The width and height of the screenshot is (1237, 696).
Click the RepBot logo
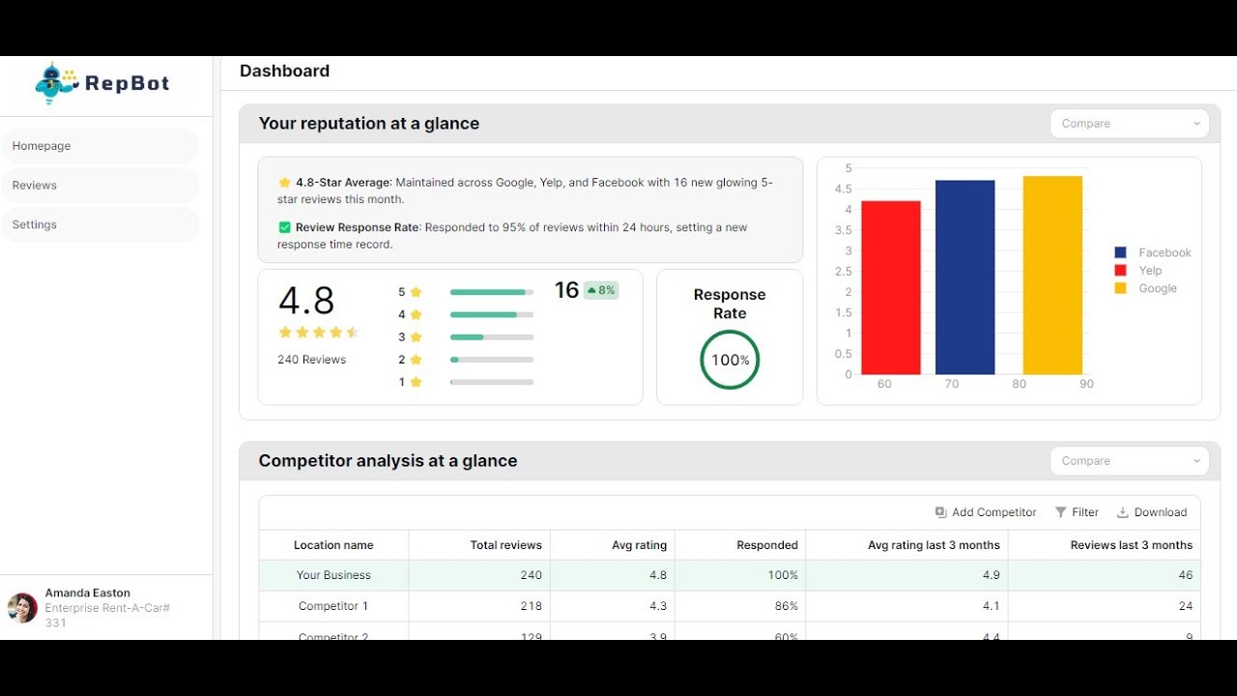tap(102, 83)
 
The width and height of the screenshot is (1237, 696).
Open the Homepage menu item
tap(101, 146)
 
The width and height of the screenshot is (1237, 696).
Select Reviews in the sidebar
tap(101, 186)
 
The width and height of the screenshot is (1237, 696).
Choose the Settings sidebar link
tap(101, 224)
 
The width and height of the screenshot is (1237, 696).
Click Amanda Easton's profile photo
tap(22, 608)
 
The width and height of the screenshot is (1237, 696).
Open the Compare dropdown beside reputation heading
tap(1129, 124)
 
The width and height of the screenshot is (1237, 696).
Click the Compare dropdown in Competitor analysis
tap(1129, 461)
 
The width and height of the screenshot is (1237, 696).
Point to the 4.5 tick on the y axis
tap(843, 189)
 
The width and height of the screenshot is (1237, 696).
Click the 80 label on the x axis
tap(1020, 385)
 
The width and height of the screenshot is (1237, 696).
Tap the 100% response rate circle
tap(730, 360)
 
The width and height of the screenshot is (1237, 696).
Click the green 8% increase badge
tap(601, 290)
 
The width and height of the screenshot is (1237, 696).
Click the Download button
tap(1152, 512)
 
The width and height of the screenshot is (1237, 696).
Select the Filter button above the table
tap(1077, 512)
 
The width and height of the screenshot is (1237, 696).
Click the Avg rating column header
tap(639, 545)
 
